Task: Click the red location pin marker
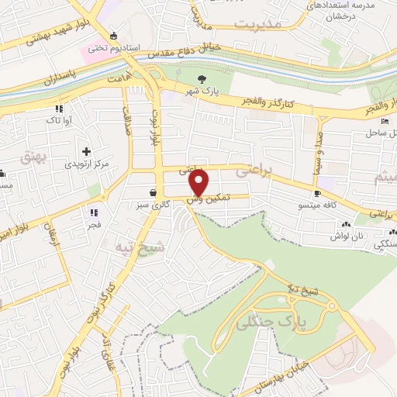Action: click(x=199, y=182)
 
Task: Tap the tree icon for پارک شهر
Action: click(x=202, y=79)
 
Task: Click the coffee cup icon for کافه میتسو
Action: click(x=316, y=193)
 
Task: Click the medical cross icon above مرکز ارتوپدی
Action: click(x=85, y=150)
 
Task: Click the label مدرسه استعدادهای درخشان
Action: click(x=353, y=11)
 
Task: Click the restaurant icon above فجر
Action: click(x=93, y=212)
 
